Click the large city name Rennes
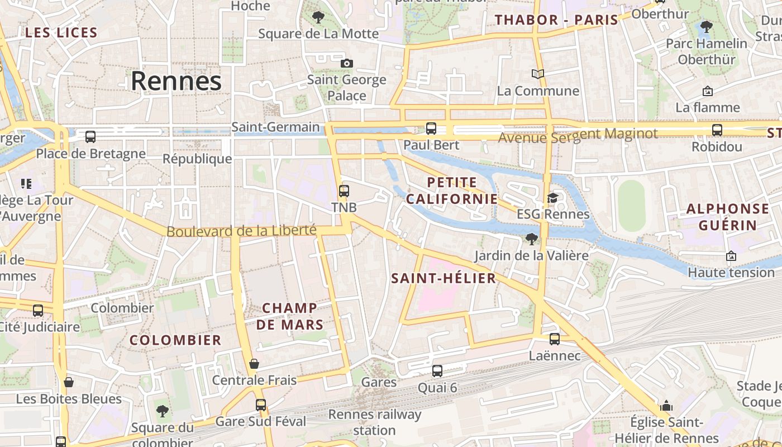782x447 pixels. pyautogui.click(x=176, y=81)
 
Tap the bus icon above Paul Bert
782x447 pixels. pyautogui.click(x=431, y=129)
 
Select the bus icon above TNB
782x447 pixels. pyautogui.click(x=344, y=191)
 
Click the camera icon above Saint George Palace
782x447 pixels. pyautogui.click(x=347, y=63)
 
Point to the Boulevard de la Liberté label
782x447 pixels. pyautogui.click(x=241, y=230)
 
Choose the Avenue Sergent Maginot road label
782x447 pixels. pyautogui.click(x=578, y=135)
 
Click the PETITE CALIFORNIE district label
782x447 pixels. pyautogui.click(x=452, y=191)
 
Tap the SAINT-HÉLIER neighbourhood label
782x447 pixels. pyautogui.click(x=444, y=278)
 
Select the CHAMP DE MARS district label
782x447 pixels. pyautogui.click(x=289, y=316)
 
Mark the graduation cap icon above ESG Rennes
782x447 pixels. pyautogui.click(x=552, y=198)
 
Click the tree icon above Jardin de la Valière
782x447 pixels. pyautogui.click(x=531, y=240)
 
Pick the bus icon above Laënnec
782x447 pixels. pyautogui.click(x=555, y=339)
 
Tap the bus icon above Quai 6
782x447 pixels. pyautogui.click(x=437, y=371)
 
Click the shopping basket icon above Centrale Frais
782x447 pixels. pyautogui.click(x=254, y=364)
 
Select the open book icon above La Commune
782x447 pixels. pyautogui.click(x=538, y=74)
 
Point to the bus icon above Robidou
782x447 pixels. pyautogui.click(x=717, y=130)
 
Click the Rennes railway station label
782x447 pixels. pyautogui.click(x=374, y=422)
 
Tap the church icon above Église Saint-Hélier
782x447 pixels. pyautogui.click(x=666, y=406)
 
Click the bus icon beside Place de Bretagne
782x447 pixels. pyautogui.click(x=90, y=137)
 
